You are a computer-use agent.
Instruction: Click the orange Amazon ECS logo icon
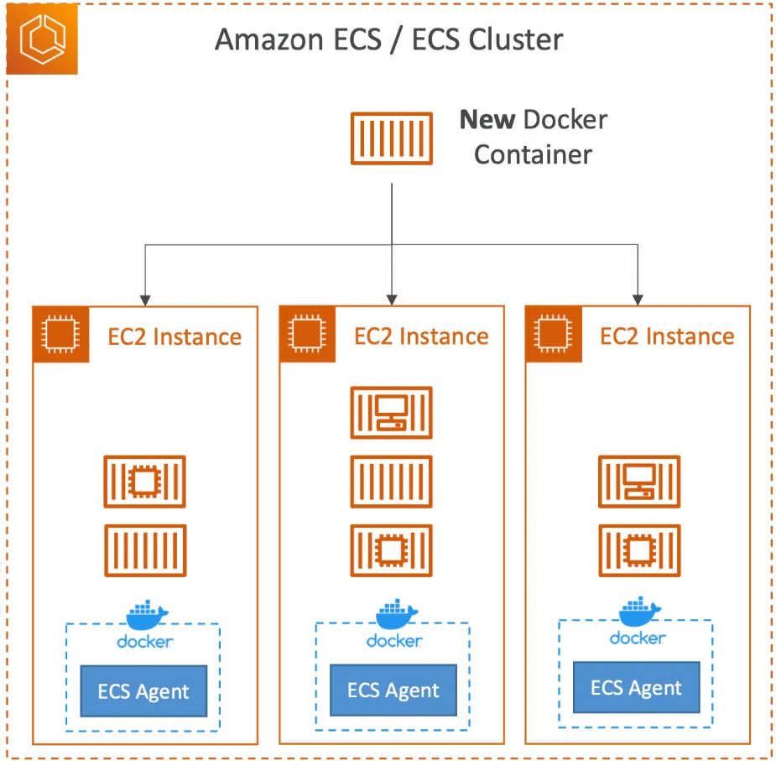[x=42, y=39]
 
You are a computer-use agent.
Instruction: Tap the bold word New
[x=487, y=120]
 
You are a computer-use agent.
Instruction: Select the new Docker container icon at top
[x=392, y=138]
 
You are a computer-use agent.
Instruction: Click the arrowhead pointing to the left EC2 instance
[x=145, y=300]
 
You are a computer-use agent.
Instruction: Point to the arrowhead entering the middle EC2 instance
[x=392, y=300]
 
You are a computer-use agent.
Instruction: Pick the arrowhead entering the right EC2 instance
[x=638, y=300]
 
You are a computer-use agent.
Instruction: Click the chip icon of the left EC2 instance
[x=61, y=334]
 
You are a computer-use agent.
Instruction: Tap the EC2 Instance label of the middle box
[x=421, y=336]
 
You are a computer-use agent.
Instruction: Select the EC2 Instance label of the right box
[x=667, y=336]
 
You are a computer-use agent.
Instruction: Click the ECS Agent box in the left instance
[x=143, y=691]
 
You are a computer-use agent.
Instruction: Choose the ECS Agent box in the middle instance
[x=393, y=690]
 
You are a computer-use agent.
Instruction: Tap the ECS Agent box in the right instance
[x=637, y=687]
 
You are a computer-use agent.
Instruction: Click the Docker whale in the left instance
[x=147, y=614]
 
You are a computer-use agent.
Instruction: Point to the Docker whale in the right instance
[x=640, y=611]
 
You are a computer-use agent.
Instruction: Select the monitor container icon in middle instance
[x=392, y=413]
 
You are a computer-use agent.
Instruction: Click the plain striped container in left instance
[x=145, y=550]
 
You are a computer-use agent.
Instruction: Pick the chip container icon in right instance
[x=639, y=550]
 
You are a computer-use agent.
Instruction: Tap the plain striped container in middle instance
[x=392, y=482]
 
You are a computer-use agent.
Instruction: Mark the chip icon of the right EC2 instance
[x=554, y=334]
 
